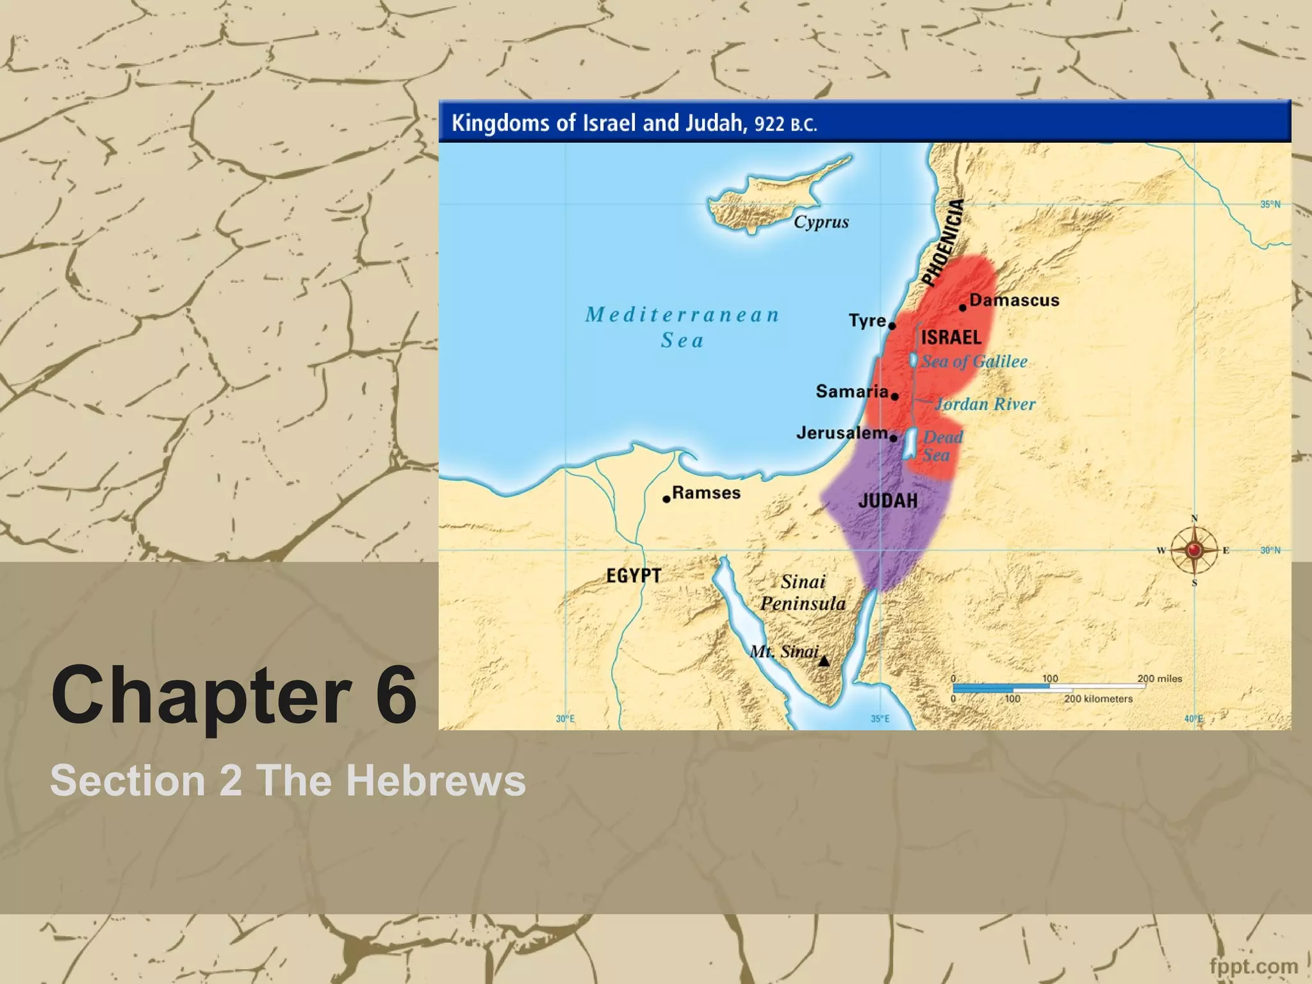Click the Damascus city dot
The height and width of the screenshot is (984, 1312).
click(x=962, y=307)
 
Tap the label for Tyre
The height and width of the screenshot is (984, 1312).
click(x=867, y=320)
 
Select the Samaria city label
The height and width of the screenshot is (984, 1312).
click(x=851, y=391)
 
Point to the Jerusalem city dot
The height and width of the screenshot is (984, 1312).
click(x=894, y=438)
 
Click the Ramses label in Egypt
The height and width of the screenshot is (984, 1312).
click(x=706, y=493)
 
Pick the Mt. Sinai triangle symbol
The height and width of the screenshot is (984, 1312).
click(x=824, y=660)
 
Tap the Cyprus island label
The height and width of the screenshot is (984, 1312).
click(x=821, y=222)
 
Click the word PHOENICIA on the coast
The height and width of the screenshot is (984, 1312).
click(x=942, y=242)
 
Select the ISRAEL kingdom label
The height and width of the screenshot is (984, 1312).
click(x=951, y=338)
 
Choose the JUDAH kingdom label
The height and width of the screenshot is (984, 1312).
click(x=887, y=500)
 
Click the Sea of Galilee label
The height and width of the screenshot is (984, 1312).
click(x=974, y=361)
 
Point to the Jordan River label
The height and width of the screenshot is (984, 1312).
click(x=985, y=404)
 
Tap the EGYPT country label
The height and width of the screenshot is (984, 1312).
click(x=634, y=575)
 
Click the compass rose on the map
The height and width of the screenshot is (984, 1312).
click(x=1194, y=550)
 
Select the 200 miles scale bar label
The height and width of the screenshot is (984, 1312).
click(x=1160, y=678)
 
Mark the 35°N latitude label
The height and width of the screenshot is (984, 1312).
click(x=1270, y=204)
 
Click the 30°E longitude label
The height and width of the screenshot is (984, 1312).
click(x=565, y=719)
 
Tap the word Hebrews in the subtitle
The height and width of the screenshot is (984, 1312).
click(x=436, y=780)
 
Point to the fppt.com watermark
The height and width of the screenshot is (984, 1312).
click(x=1254, y=965)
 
